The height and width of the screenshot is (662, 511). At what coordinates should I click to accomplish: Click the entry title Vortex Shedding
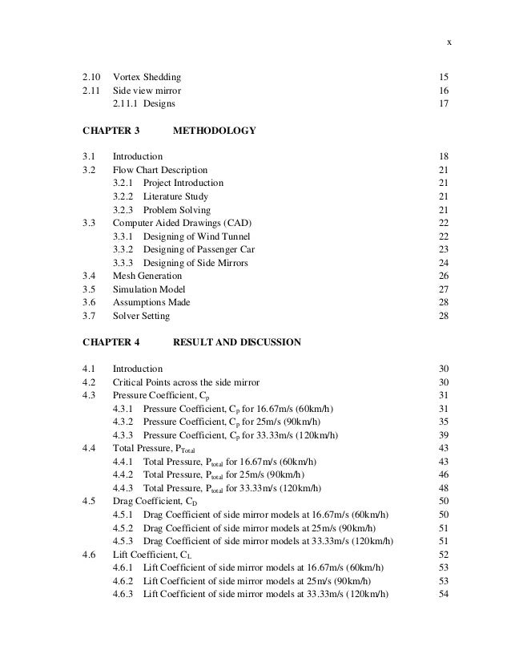(x=147, y=77)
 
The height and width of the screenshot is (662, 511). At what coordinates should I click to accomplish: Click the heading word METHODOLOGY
(x=214, y=131)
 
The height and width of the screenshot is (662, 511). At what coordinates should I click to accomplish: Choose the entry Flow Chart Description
(x=160, y=170)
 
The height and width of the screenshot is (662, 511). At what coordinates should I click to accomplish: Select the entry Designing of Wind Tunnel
(x=196, y=236)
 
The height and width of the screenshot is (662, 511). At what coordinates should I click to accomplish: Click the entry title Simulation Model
(x=149, y=289)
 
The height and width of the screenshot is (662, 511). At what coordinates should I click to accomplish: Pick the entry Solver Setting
(x=141, y=316)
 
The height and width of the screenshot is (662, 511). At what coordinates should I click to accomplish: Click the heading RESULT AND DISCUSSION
(x=237, y=342)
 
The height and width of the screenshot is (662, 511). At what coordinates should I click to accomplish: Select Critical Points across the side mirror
(x=186, y=382)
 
